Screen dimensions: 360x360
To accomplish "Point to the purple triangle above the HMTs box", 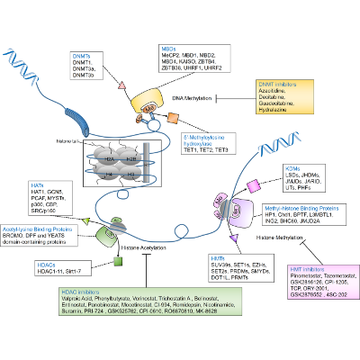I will click(x=233, y=237).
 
